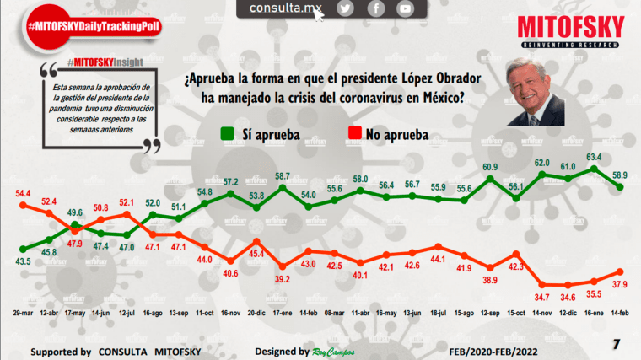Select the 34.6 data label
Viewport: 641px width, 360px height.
pyautogui.click(x=569, y=297)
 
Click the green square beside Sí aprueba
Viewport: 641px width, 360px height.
pyautogui.click(x=228, y=133)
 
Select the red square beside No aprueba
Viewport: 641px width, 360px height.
pyautogui.click(x=355, y=133)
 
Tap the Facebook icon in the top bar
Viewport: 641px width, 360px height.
pyautogui.click(x=375, y=8)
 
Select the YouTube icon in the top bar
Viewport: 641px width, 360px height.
pyautogui.click(x=406, y=8)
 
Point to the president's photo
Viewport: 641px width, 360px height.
pyautogui.click(x=535, y=92)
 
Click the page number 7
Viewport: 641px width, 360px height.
pyautogui.click(x=617, y=343)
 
